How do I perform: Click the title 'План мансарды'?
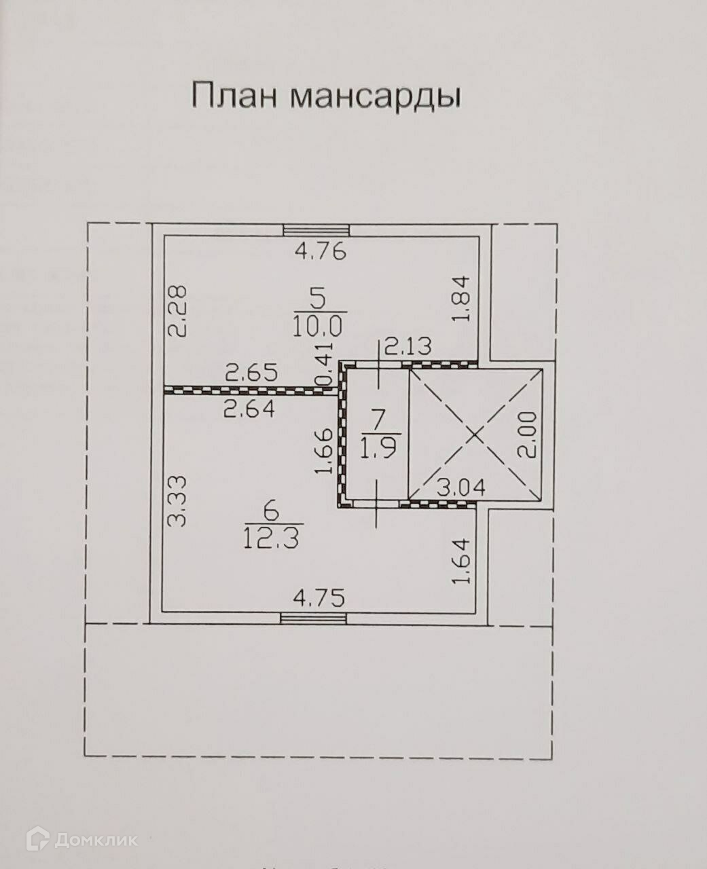point(326,96)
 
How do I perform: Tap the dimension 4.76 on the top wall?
point(321,252)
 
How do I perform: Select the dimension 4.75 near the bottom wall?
point(319,598)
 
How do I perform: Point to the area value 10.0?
point(319,327)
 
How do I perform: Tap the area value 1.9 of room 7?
point(382,448)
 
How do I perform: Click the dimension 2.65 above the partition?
point(253,373)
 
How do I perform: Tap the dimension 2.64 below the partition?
point(249,409)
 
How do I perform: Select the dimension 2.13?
point(407,348)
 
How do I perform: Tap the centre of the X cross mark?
point(475,434)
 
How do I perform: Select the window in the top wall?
point(316,230)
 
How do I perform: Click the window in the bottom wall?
point(313,617)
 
